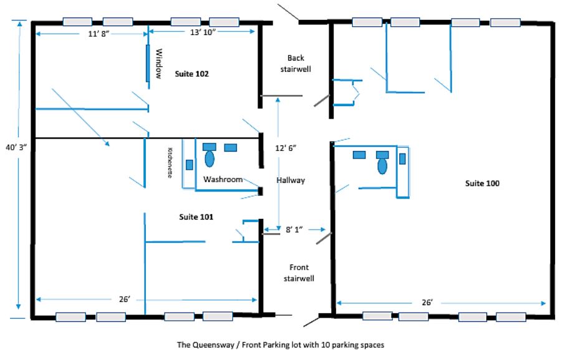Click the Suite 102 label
click(191, 74)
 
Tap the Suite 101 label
click(196, 217)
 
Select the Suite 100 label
click(482, 183)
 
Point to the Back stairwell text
click(296, 63)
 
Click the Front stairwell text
click(299, 273)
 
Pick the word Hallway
click(291, 180)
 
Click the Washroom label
click(223, 179)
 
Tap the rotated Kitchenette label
click(170, 163)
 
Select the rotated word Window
click(159, 64)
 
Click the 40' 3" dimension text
click(16, 147)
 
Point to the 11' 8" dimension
click(99, 34)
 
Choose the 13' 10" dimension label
click(203, 32)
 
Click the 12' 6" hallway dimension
click(286, 148)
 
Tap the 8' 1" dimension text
click(294, 230)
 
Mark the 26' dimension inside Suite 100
click(427, 302)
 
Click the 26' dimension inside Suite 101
click(124, 299)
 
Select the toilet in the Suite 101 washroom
click(210, 155)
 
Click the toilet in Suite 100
click(382, 163)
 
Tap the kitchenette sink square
click(190, 165)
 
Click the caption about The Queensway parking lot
click(281, 345)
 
